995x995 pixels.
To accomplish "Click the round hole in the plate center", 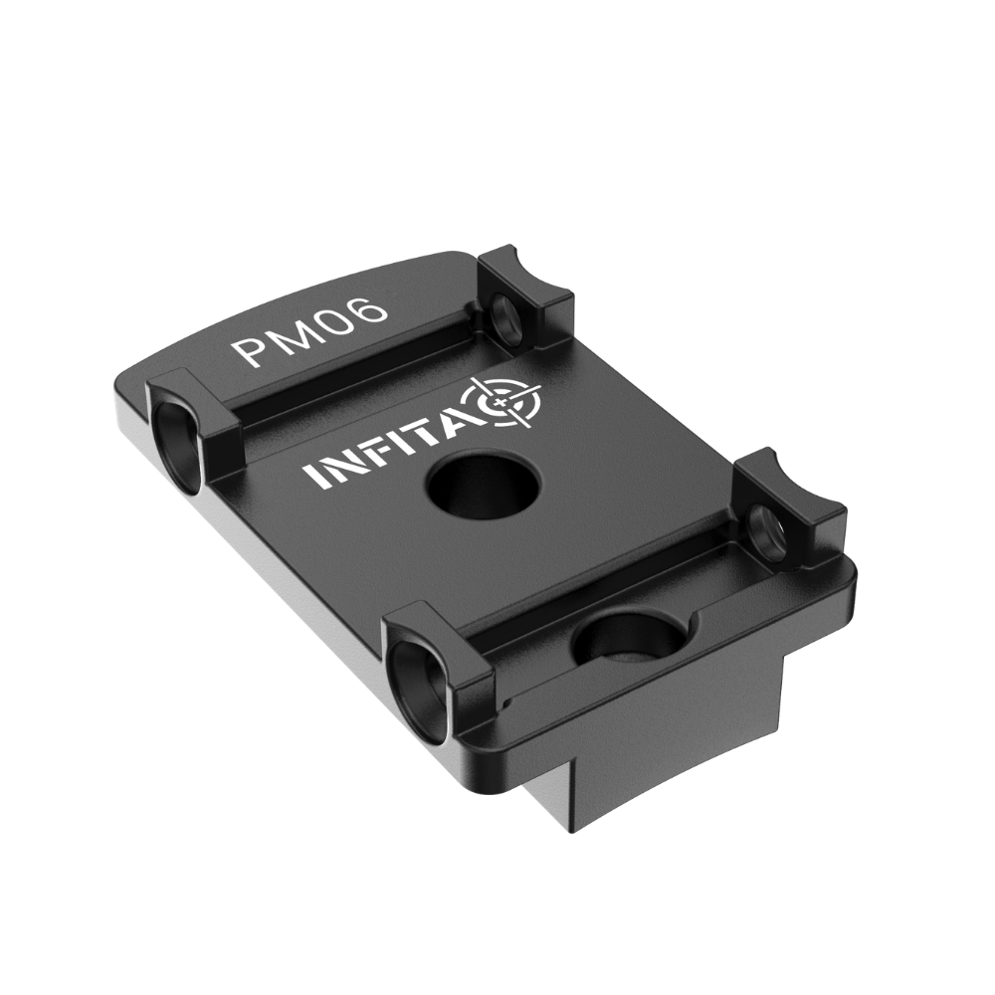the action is pos(484,486).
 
